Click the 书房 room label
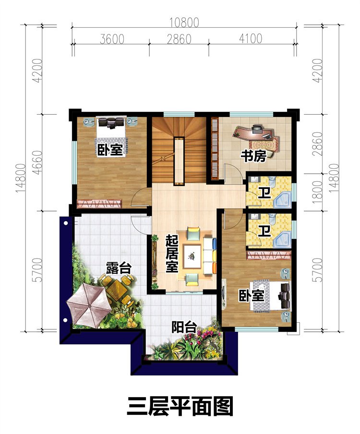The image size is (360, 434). click(x=253, y=156)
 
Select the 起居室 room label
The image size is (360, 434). click(x=172, y=253)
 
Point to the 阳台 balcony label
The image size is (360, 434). click(x=184, y=328)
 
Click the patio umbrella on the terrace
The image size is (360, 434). click(x=87, y=302)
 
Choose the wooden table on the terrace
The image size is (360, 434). click(x=117, y=289)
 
